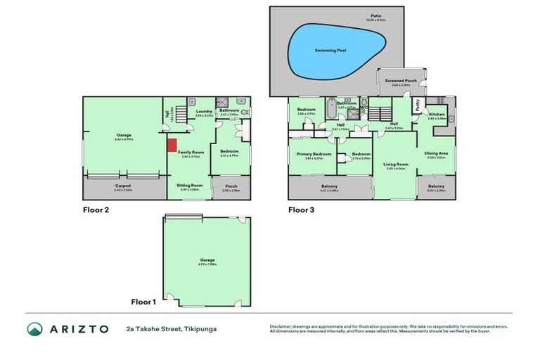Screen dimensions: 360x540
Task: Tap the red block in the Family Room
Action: pyautogui.click(x=172, y=145)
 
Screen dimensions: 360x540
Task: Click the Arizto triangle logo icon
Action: pyautogui.click(x=34, y=328)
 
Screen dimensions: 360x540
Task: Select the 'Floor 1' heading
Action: pyautogui.click(x=143, y=302)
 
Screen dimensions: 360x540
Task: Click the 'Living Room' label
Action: pyautogui.click(x=398, y=165)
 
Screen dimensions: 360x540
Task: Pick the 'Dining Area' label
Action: pyautogui.click(x=437, y=153)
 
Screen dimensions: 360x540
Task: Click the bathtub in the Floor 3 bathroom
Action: pyautogui.click(x=330, y=110)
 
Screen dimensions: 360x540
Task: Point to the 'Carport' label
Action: pyautogui.click(x=122, y=186)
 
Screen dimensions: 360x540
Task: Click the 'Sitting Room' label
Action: pyautogui.click(x=190, y=186)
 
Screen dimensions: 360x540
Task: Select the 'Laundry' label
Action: pyautogui.click(x=205, y=110)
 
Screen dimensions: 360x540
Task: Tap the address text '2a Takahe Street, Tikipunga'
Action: pyautogui.click(x=172, y=328)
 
